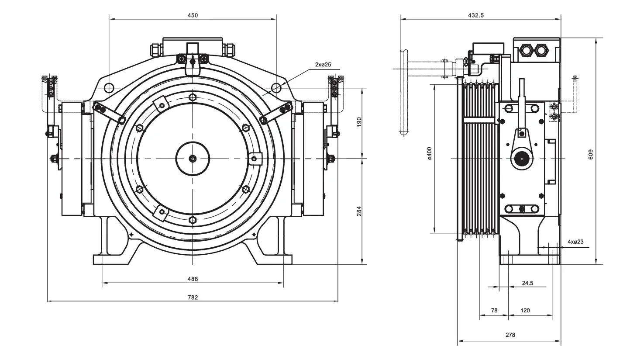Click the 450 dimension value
click(x=193, y=15)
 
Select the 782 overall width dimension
click(x=193, y=298)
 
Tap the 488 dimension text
click(x=193, y=279)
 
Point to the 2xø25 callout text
click(x=323, y=65)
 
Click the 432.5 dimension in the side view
click(x=475, y=15)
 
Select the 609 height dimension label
click(x=590, y=153)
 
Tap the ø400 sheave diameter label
click(x=430, y=153)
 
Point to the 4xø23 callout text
click(x=575, y=241)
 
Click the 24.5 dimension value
click(x=527, y=283)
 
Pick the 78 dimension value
click(x=494, y=311)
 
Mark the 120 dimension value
click(x=525, y=311)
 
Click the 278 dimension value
click(x=510, y=335)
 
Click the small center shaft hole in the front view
click(x=193, y=159)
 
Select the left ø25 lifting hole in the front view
click(x=109, y=88)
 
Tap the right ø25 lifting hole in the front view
click(x=276, y=88)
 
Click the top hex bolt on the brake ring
click(x=193, y=97)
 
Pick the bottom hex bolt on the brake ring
click(x=193, y=220)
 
